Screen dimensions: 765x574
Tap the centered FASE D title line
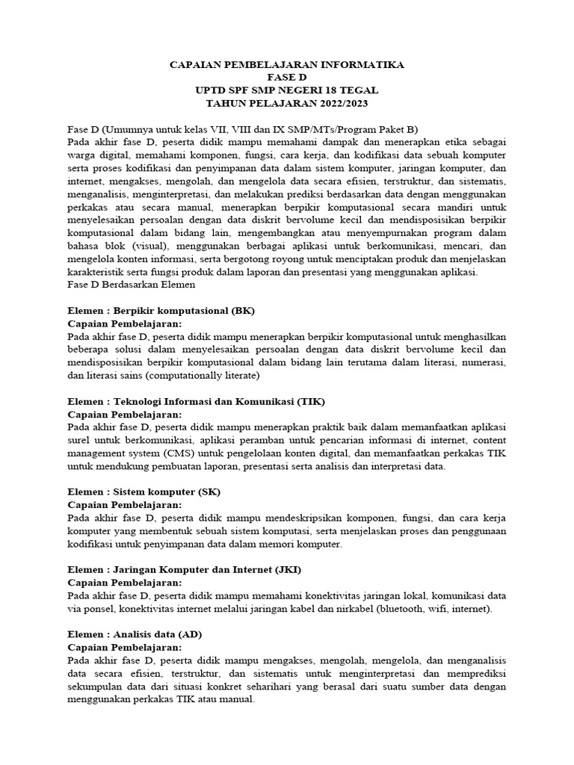coord(287,78)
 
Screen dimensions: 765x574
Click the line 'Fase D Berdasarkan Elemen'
coord(131,285)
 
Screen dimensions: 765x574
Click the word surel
coord(80,440)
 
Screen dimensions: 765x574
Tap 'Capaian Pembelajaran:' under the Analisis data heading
coord(124,648)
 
